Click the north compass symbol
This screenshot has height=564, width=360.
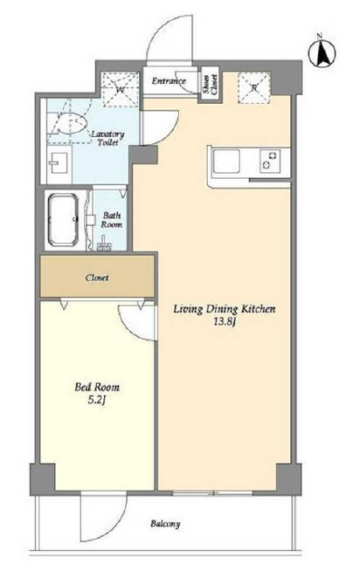322,53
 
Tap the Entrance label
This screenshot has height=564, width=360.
169,81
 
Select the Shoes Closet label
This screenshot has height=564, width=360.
210,85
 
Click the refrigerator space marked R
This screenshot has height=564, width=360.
253,87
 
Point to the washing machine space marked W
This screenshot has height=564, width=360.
120,89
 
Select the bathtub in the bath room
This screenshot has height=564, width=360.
64,219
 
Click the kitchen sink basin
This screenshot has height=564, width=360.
226,162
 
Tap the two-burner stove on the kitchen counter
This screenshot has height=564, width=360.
270,160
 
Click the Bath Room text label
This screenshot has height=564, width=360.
112,220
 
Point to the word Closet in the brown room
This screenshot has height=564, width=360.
97,278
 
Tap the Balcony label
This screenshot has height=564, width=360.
165,523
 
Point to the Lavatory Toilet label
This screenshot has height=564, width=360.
107,139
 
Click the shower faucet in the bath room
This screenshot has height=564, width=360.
104,244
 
